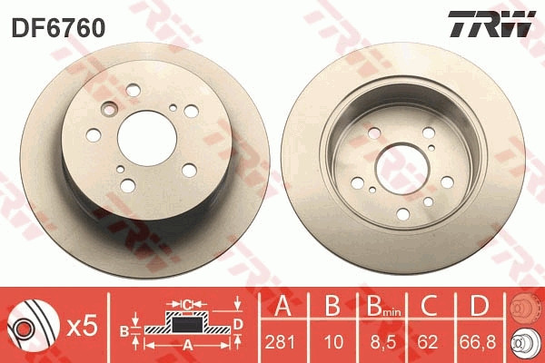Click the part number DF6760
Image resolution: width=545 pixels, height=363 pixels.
pyautogui.click(x=58, y=28)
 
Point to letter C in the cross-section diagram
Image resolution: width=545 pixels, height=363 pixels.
pyautogui.click(x=186, y=303)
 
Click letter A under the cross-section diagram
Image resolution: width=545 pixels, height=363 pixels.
pyautogui.click(x=188, y=346)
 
